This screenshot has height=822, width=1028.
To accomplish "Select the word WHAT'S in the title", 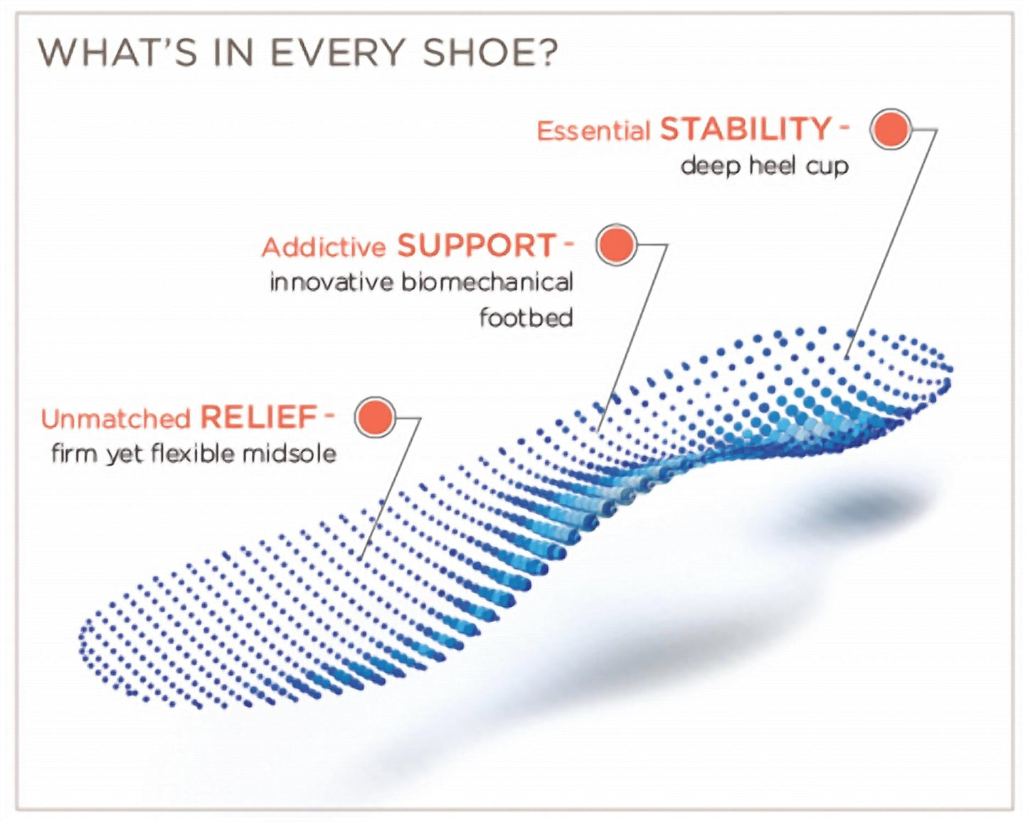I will point(117,53).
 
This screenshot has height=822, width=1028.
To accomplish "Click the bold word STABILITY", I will point(746,129).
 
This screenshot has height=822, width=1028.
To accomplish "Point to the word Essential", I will point(593,132).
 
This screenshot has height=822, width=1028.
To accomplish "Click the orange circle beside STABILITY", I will point(890,129).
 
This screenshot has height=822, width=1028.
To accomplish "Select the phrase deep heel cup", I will point(765,166).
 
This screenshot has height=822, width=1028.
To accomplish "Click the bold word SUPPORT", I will point(476,246).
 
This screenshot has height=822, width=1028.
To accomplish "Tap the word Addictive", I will point(324,247).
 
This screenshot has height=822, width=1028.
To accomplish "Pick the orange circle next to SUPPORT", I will point(615,245).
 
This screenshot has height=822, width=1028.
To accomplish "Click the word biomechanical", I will point(487,282).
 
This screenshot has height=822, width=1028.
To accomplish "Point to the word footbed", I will point(526,317).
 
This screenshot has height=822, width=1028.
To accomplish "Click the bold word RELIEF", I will point(258,417).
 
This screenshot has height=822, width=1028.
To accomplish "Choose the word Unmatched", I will point(115,419).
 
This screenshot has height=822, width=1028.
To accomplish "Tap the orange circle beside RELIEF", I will point(375,417).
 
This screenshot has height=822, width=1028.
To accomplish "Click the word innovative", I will point(332,282).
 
